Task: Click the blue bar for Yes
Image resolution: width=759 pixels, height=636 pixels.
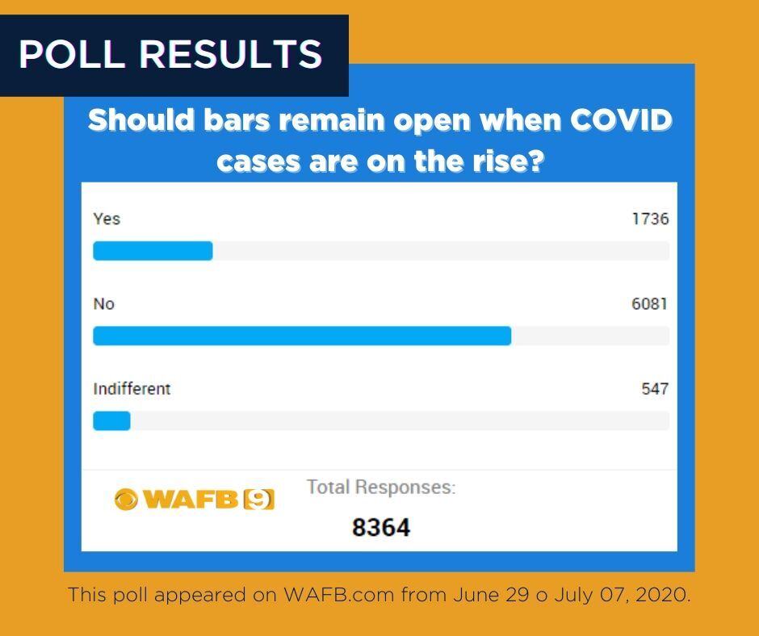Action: point(153,251)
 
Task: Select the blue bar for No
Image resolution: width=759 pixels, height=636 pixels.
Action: point(302,336)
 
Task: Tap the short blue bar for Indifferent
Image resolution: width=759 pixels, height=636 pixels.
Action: point(111,421)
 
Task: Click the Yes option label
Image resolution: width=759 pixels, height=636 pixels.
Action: point(107,219)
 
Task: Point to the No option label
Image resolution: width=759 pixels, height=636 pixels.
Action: point(104,303)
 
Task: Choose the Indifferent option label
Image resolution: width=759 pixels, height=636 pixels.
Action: point(132,388)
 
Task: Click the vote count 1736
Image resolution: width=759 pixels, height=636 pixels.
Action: point(650,219)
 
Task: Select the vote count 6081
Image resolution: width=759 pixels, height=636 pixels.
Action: point(650,303)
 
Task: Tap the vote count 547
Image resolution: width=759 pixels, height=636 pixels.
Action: point(655,388)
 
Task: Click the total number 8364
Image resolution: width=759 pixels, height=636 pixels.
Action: point(381,528)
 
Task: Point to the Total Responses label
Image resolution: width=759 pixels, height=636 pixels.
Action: point(381,487)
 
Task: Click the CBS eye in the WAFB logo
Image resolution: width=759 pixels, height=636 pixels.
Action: point(126,500)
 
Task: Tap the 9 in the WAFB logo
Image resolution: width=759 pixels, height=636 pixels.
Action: point(258,500)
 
